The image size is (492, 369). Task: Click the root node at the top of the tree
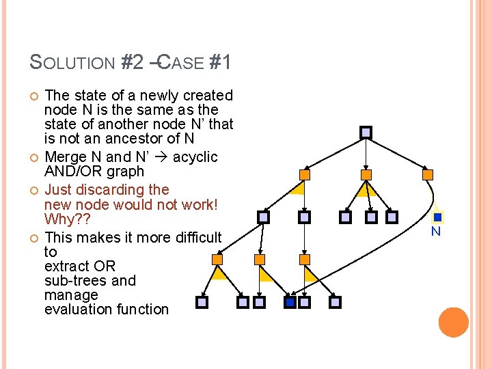coord(366,132)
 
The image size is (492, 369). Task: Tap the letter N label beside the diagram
coord(435,232)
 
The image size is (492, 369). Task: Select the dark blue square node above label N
coord(438,217)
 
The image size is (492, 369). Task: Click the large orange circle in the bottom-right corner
coord(454,322)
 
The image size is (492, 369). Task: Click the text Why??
coord(66,219)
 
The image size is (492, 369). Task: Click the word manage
coord(71,295)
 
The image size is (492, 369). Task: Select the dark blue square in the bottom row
coord(290,301)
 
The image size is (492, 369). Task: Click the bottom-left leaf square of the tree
coord(202,301)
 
